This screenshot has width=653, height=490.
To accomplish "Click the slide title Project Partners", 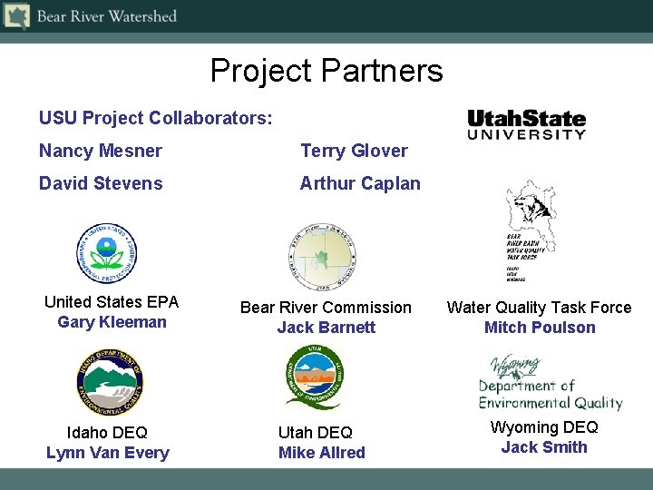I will [326, 70].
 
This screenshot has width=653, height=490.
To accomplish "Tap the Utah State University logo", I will [526, 124].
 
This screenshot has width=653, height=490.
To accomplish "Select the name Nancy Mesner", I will [101, 151].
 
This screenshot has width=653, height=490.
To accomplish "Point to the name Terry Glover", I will [354, 151].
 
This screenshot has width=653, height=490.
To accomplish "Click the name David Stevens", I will [101, 183].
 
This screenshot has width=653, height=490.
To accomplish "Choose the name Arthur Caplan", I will [360, 183].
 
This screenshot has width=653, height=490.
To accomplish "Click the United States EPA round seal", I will [107, 253].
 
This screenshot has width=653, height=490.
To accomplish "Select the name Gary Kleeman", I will [112, 322].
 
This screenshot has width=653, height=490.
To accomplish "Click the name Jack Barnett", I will [326, 328].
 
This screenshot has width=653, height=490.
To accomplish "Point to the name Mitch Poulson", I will [540, 328].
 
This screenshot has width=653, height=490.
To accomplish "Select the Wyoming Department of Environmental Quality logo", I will [550, 382].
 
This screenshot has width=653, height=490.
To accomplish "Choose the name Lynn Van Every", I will [107, 453].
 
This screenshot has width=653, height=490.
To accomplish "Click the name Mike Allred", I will [321, 453].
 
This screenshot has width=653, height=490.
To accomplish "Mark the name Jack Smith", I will [544, 447].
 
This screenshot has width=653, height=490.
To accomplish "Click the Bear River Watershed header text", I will [106, 16].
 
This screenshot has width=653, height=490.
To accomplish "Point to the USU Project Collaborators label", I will [155, 118].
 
